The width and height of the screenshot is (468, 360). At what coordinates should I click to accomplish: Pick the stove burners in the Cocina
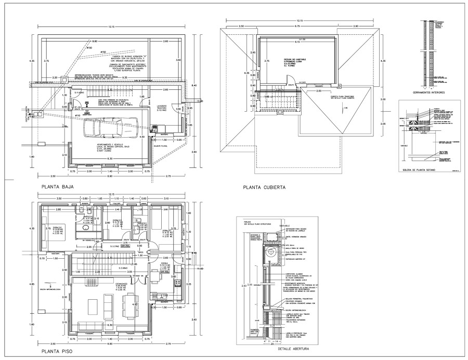(178, 283)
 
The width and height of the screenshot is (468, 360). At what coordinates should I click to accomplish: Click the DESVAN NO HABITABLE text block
(294, 62)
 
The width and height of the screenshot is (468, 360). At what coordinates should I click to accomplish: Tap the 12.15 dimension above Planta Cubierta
(300, 21)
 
